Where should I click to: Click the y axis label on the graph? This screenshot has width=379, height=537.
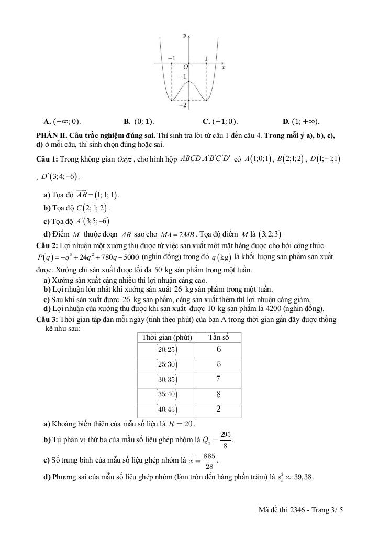tap(185, 35)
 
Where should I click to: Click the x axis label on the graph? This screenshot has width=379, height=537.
tap(223, 67)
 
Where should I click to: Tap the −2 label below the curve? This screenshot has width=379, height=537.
tap(183, 105)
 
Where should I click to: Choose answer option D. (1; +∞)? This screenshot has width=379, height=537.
tap(301, 121)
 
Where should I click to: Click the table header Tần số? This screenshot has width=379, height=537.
tap(218, 337)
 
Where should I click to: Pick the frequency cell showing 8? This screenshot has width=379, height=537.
tap(218, 394)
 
